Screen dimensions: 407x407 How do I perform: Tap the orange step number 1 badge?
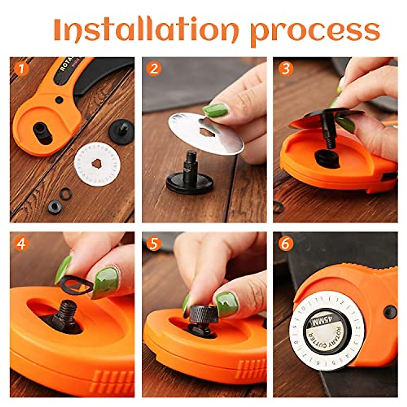click(21, 69)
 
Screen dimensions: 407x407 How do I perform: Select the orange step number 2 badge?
click(154, 69)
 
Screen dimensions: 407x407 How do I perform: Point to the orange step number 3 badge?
click(286, 69)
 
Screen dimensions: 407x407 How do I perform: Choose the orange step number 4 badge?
click(21, 244)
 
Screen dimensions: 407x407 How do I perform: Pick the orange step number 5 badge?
click(154, 244)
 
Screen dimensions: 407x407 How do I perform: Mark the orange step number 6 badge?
click(286, 244)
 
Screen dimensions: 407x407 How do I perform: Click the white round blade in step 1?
click(97, 164)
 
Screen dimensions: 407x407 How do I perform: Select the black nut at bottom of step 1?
click(55, 207)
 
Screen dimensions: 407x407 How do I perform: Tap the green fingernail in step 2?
click(215, 110)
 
